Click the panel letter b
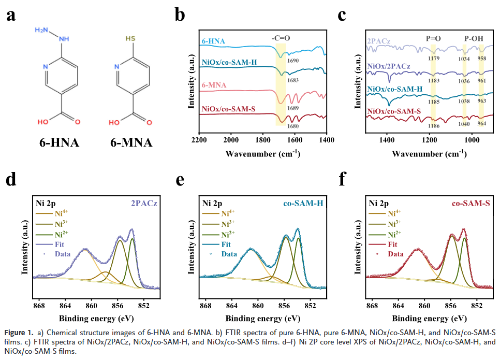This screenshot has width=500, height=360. [x=180, y=15]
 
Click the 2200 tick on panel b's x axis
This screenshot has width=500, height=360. [x=199, y=141]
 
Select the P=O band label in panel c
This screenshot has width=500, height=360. [x=434, y=38]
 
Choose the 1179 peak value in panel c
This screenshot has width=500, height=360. [x=433, y=59]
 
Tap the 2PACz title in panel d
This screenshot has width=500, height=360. [x=145, y=203]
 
